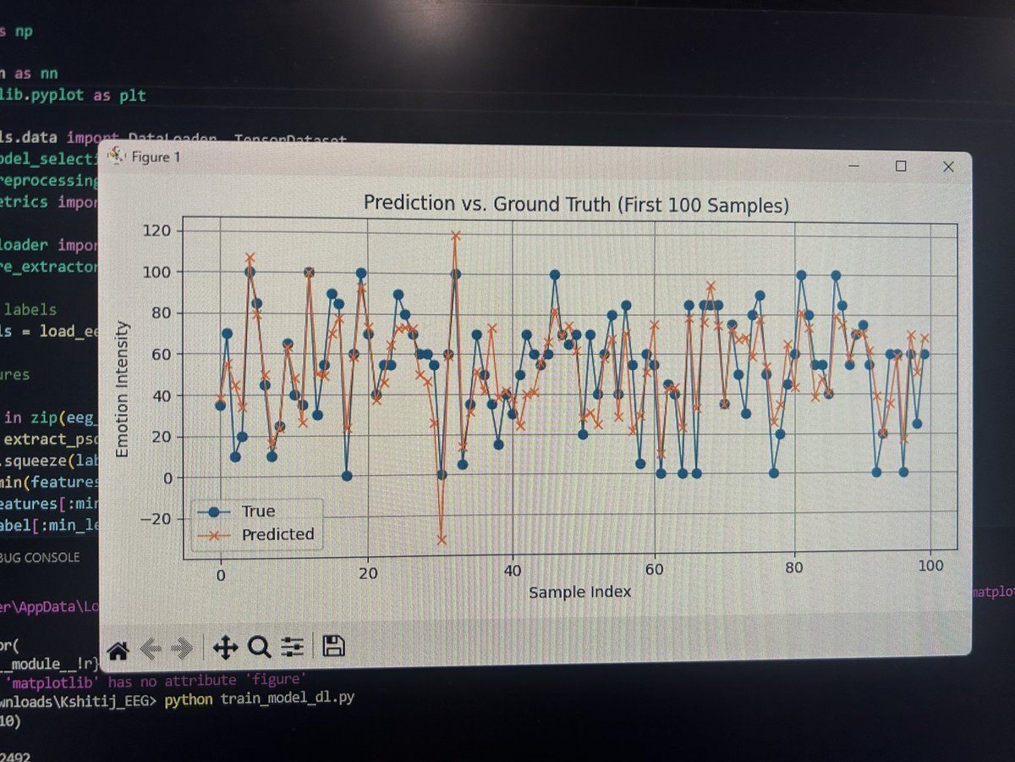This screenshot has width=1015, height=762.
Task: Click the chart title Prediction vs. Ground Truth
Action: tap(575, 203)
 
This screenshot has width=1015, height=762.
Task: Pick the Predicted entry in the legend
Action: tap(277, 534)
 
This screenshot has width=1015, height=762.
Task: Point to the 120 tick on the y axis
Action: tap(157, 230)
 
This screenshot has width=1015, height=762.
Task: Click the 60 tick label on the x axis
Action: tap(654, 571)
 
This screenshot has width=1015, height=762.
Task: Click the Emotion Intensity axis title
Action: tap(123, 389)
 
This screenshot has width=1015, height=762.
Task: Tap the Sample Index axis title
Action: tap(579, 592)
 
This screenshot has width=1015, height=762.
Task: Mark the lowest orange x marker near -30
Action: tap(442, 539)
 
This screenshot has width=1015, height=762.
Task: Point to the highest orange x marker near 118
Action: tap(455, 236)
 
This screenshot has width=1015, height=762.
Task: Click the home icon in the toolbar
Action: tap(118, 650)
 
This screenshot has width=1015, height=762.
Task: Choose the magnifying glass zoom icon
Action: tap(259, 649)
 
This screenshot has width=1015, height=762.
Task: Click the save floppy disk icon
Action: tap(333, 648)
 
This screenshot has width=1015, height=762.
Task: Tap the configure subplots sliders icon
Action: tap(293, 649)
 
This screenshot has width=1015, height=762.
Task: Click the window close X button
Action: tap(948, 167)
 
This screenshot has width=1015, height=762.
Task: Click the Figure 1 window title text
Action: tap(155, 157)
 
